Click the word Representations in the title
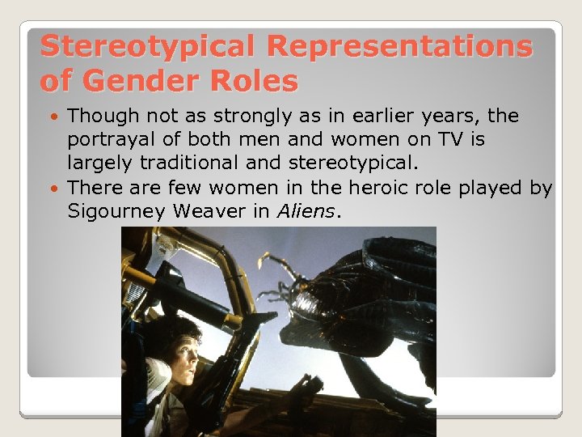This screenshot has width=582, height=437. pos(399,47)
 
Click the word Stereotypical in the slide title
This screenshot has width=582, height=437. pos(147,47)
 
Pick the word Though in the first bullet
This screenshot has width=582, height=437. pos(102,117)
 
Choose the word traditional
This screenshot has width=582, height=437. pos(192,163)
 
